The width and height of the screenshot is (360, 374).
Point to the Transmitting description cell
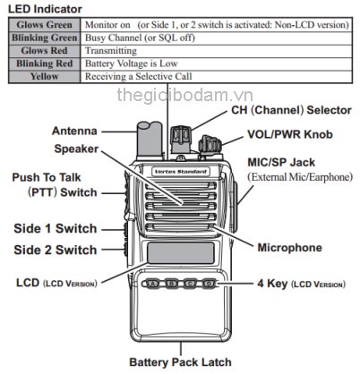113,52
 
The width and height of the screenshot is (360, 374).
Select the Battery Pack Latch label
180,362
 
